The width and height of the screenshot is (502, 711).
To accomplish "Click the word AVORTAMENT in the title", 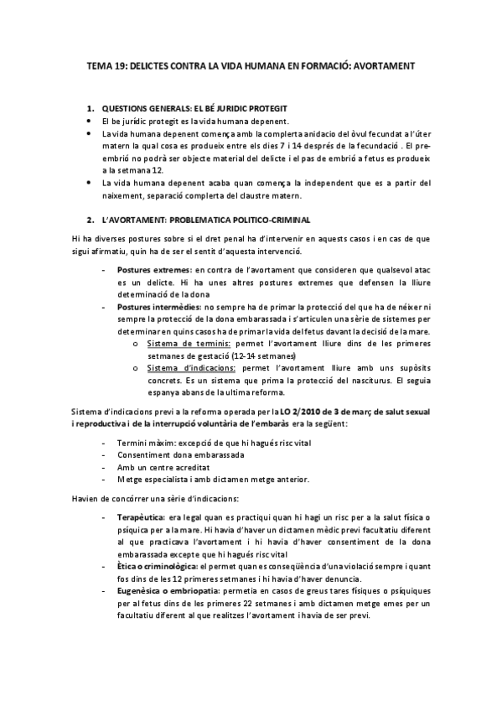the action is click(x=379, y=64).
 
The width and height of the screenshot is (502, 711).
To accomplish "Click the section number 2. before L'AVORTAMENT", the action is click(x=91, y=221).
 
